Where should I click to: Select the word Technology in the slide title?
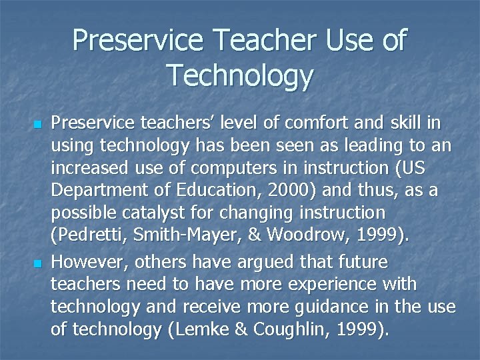point(239,75)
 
